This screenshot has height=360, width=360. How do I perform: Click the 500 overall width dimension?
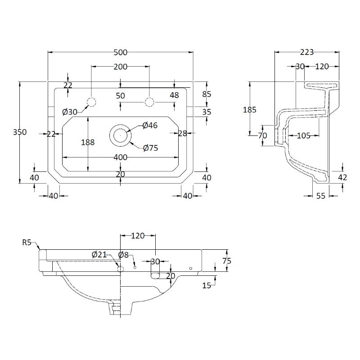(x=120, y=52)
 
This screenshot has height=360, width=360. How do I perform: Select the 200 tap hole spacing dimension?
(x=120, y=67)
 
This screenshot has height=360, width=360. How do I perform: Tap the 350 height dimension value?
(x=20, y=132)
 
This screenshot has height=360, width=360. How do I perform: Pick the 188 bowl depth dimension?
(x=88, y=142)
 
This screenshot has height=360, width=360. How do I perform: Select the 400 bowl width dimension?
(x=120, y=157)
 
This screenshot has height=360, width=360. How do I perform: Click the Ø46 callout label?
(x=150, y=126)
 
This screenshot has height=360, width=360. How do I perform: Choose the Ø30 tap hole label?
(x=70, y=112)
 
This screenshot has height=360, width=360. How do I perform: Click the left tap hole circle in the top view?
(x=91, y=102)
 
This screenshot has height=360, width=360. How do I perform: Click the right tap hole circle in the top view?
(x=149, y=102)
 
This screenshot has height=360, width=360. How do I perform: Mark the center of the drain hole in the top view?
(x=120, y=135)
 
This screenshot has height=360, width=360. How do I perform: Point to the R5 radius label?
(x=27, y=243)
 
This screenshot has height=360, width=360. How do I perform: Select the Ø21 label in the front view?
(x=99, y=255)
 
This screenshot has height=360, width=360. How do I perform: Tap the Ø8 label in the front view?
(x=123, y=255)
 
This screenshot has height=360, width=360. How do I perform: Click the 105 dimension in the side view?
(x=304, y=135)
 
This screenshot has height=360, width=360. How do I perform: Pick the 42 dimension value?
(x=342, y=177)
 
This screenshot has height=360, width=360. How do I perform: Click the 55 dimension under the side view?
(x=321, y=196)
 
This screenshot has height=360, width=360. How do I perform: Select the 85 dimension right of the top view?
(x=207, y=94)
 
